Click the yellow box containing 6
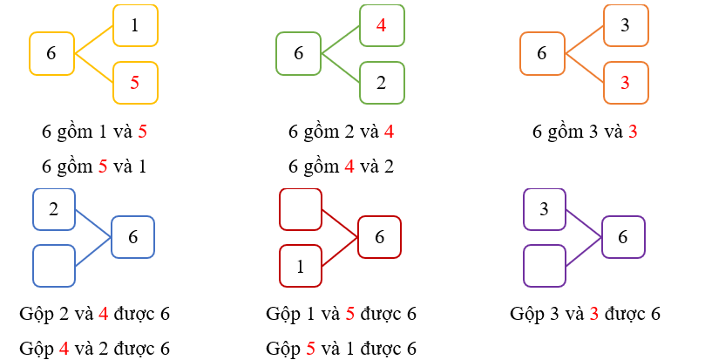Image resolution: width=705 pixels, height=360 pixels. pyautogui.click(x=51, y=53)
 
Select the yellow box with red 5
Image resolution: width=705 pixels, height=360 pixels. pyautogui.click(x=134, y=83)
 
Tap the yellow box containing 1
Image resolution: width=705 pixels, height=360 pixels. pyautogui.click(x=134, y=26)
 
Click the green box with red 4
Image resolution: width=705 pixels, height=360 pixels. pyautogui.click(x=382, y=25)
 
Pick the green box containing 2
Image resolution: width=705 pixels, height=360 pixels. pyautogui.click(x=382, y=83)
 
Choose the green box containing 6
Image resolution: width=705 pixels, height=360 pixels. pyautogui.click(x=299, y=53)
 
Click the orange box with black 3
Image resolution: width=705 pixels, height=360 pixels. pyautogui.click(x=626, y=25)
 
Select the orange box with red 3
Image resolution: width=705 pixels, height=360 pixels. pyautogui.click(x=626, y=83)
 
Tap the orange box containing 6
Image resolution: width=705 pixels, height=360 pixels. pyautogui.click(x=542, y=53)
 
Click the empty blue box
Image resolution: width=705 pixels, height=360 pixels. pyautogui.click(x=54, y=266)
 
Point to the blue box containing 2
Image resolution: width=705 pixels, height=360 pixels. pyautogui.click(x=54, y=209)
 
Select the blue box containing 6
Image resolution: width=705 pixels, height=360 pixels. pyautogui.click(x=132, y=237)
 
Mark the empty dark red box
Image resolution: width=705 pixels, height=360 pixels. pyautogui.click(x=301, y=209)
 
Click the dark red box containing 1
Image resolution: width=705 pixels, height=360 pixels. pyautogui.click(x=301, y=267)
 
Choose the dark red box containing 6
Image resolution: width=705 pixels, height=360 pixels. pyautogui.click(x=379, y=237)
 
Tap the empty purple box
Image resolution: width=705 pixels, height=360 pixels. pyautogui.click(x=544, y=266)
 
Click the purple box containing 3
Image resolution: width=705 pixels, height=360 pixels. pyautogui.click(x=544, y=209)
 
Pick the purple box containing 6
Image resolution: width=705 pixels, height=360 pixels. pyautogui.click(x=623, y=237)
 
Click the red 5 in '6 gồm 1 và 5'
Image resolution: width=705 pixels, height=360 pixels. pyautogui.click(x=142, y=132)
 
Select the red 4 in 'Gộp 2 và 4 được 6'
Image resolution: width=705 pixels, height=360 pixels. pyautogui.click(x=103, y=314)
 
